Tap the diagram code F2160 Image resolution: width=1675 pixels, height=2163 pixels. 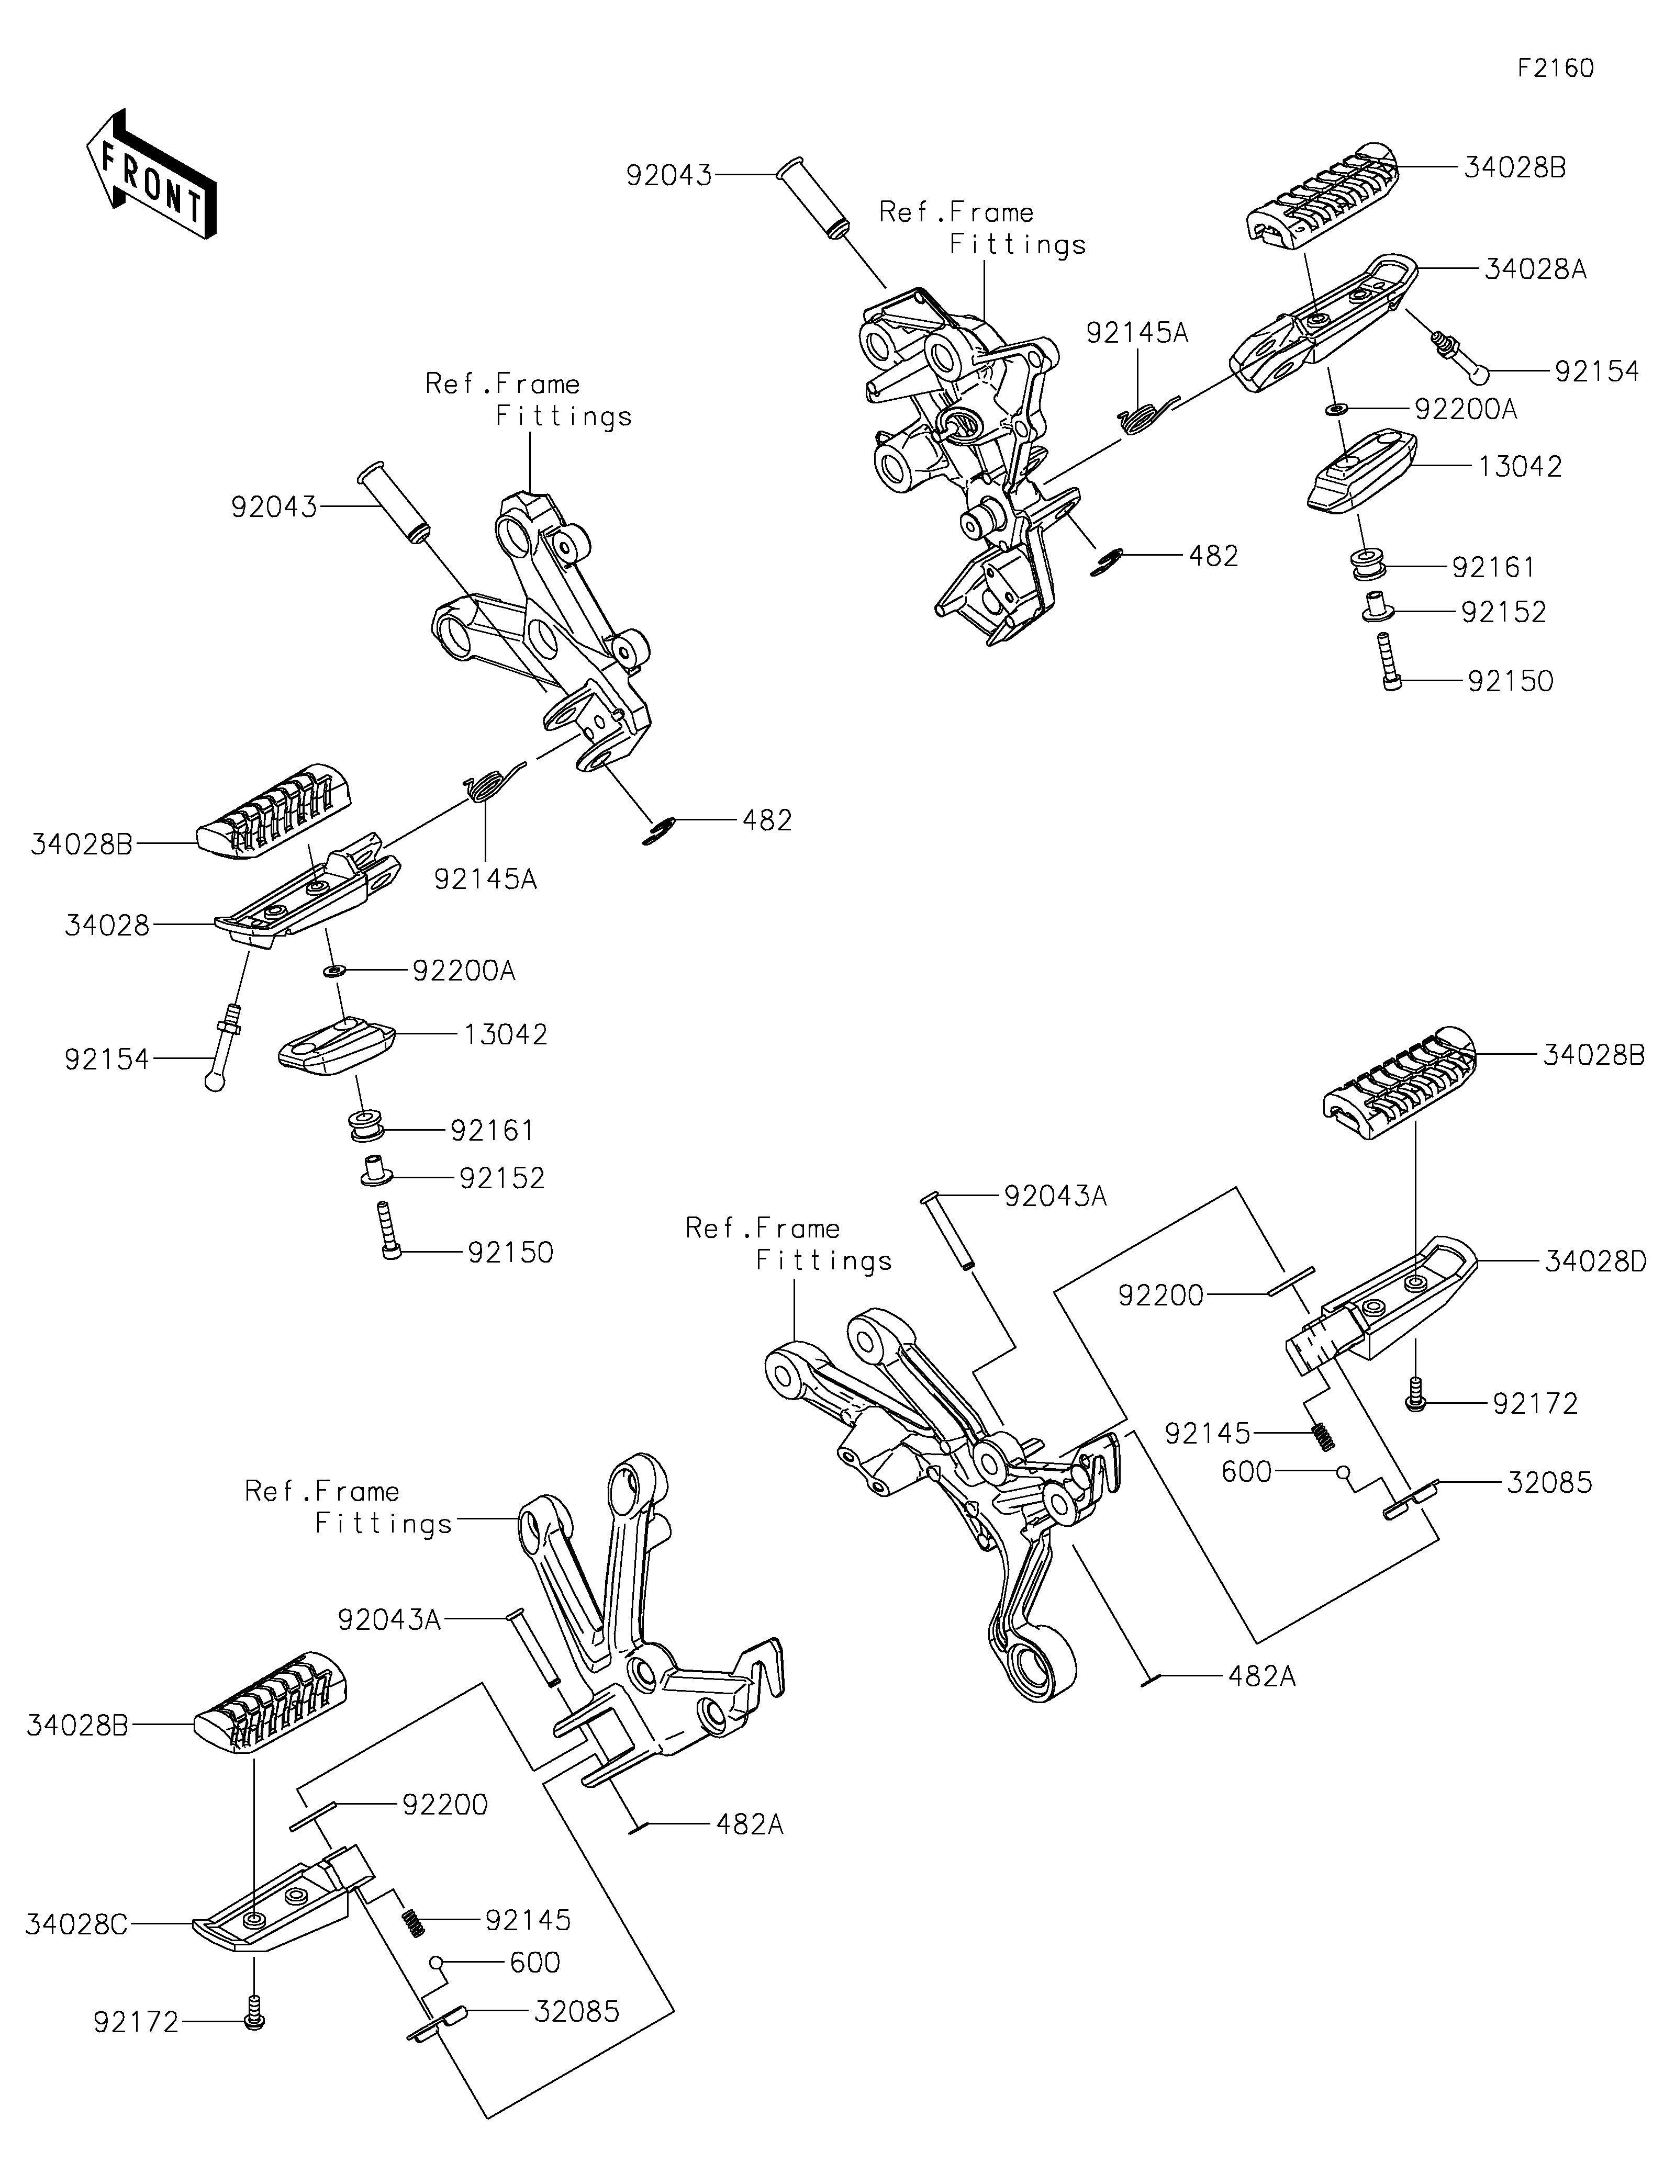[1555, 69]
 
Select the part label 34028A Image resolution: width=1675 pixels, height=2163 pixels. [1535, 269]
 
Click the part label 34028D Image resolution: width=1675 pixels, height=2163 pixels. [1595, 1262]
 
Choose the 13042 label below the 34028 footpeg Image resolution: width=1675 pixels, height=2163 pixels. [505, 1035]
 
